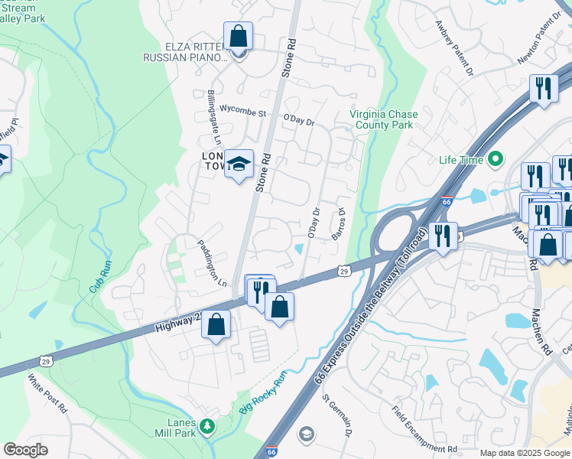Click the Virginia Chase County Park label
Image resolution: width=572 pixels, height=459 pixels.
pyautogui.click(x=384, y=119)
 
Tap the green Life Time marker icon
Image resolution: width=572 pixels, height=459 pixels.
pyautogui.click(x=496, y=160)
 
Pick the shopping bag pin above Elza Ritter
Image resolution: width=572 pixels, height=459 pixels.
pyautogui.click(x=238, y=37)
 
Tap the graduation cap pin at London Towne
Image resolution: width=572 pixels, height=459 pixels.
pyautogui.click(x=239, y=164)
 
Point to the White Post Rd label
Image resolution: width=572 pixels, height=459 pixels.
pyautogui.click(x=47, y=393)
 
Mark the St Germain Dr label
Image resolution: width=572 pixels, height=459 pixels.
pyautogui.click(x=337, y=416)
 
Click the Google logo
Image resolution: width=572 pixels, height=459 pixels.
pyautogui.click(x=26, y=450)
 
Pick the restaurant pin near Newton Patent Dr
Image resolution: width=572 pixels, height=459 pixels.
pyautogui.click(x=543, y=89)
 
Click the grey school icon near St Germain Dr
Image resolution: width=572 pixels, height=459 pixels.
pyautogui.click(x=307, y=435)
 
